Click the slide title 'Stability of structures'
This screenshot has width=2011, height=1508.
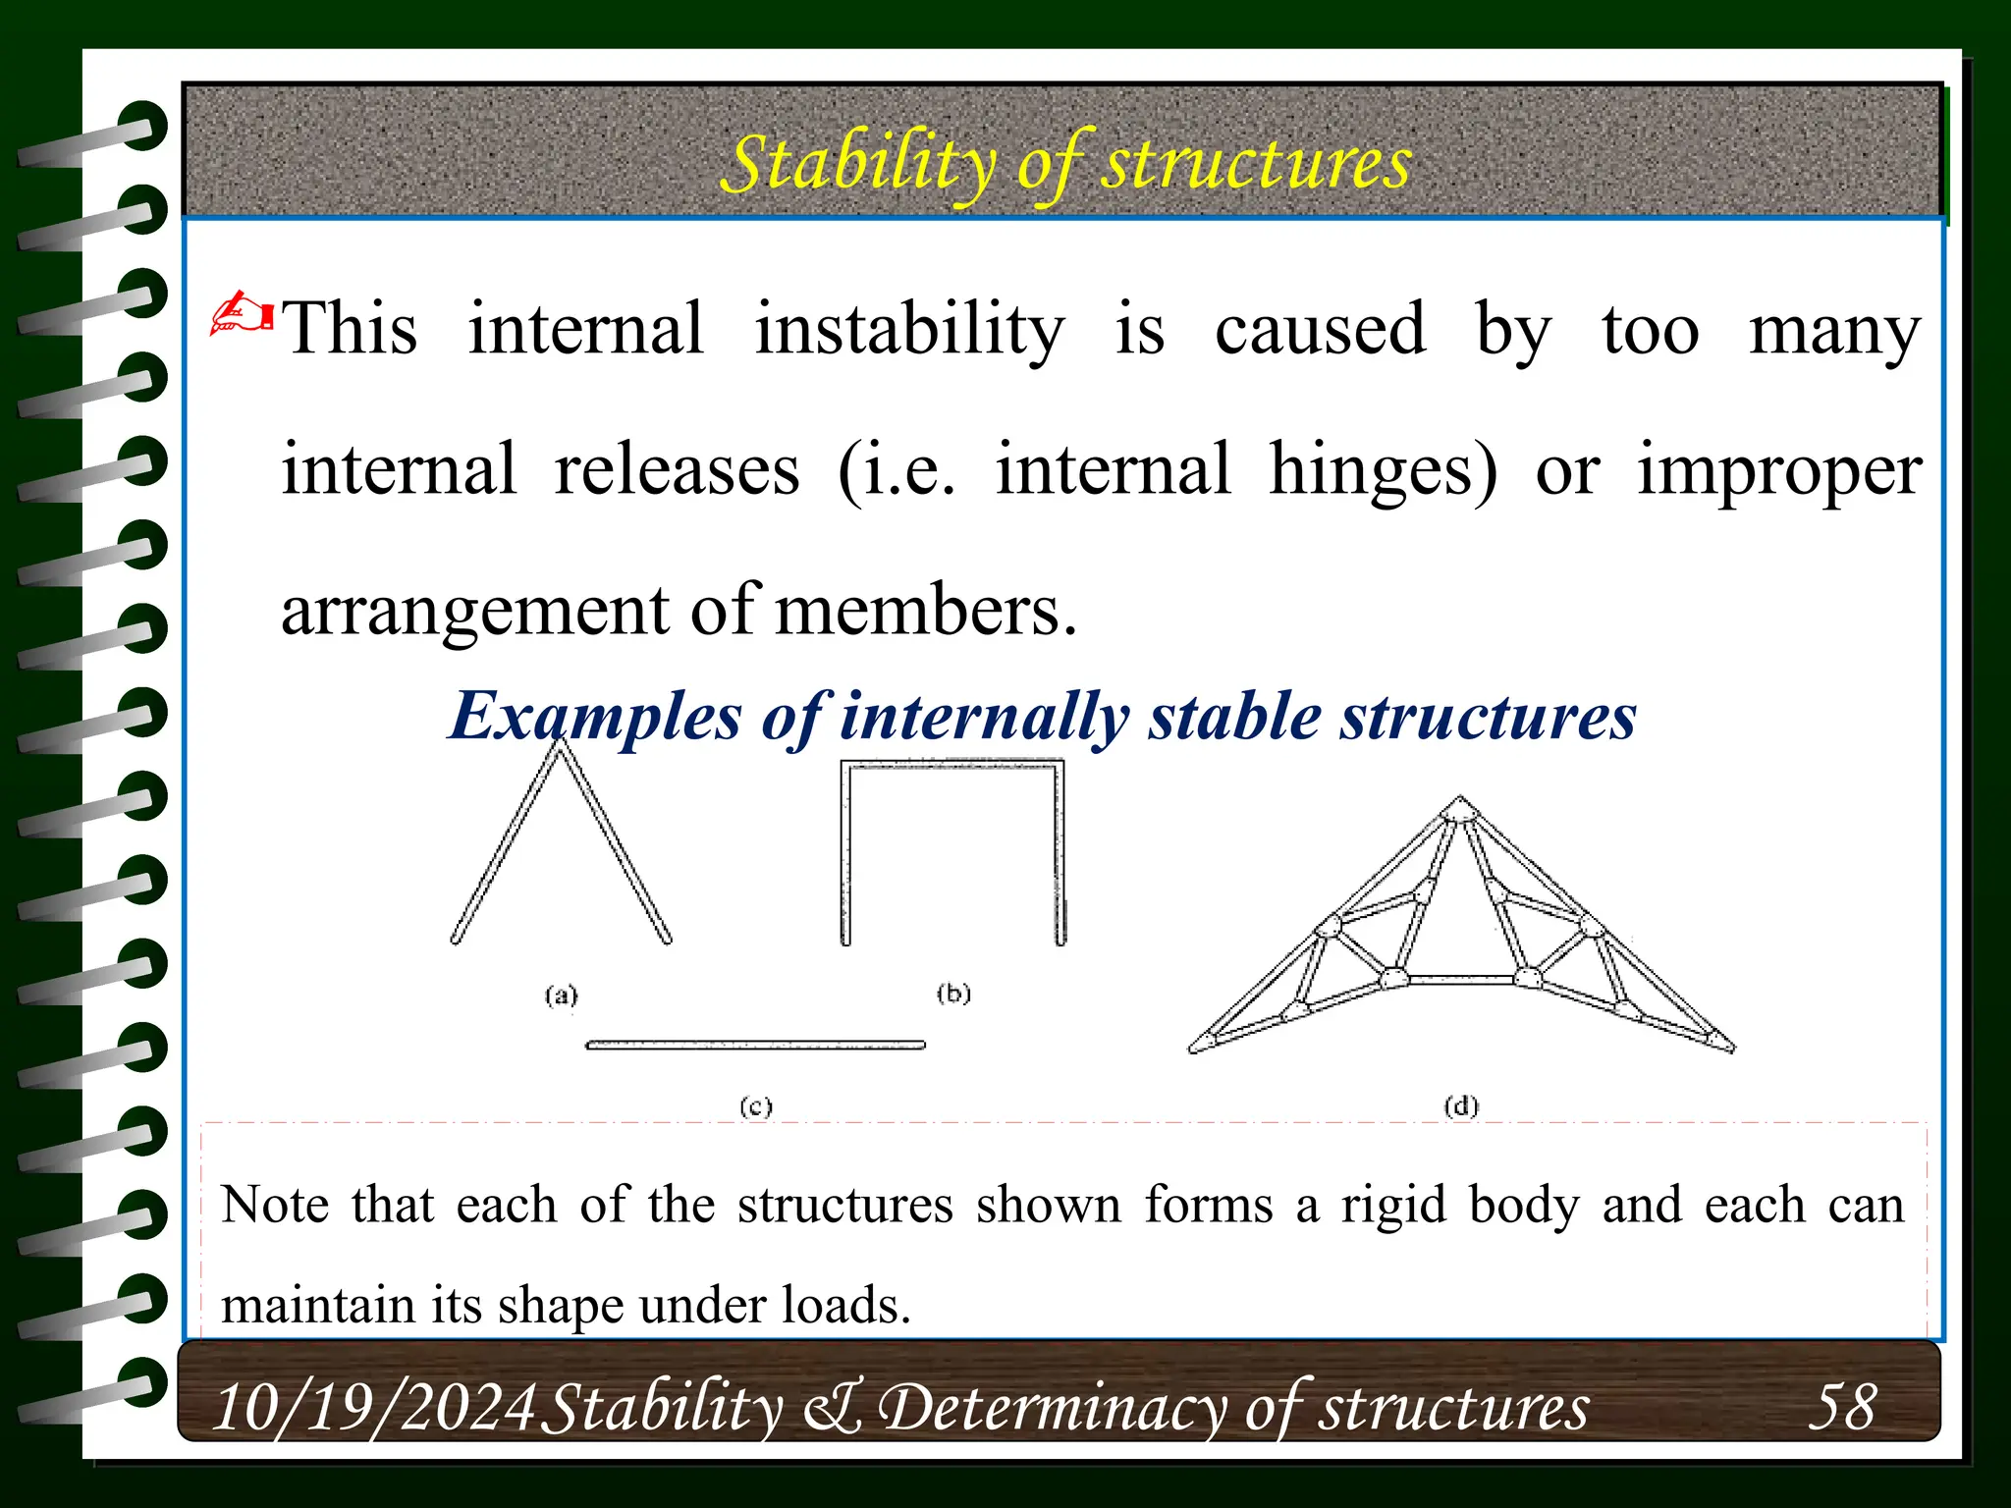click(x=1065, y=163)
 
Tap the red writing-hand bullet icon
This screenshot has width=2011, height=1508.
click(x=241, y=313)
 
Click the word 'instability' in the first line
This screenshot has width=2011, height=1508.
click(x=908, y=330)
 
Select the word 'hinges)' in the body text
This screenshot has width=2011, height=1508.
click(x=1383, y=470)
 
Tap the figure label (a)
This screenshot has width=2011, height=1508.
click(x=561, y=996)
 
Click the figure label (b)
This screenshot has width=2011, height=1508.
click(x=952, y=994)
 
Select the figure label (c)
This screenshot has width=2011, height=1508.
click(x=755, y=1107)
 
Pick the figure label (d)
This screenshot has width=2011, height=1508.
click(x=1460, y=1106)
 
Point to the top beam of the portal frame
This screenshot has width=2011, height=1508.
click(x=952, y=764)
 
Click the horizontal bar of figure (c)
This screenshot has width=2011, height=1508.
click(x=755, y=1046)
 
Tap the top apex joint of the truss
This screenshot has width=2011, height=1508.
click(x=1459, y=807)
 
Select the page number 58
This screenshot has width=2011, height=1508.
click(x=1842, y=1407)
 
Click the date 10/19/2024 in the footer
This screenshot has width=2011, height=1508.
click(x=374, y=1408)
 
